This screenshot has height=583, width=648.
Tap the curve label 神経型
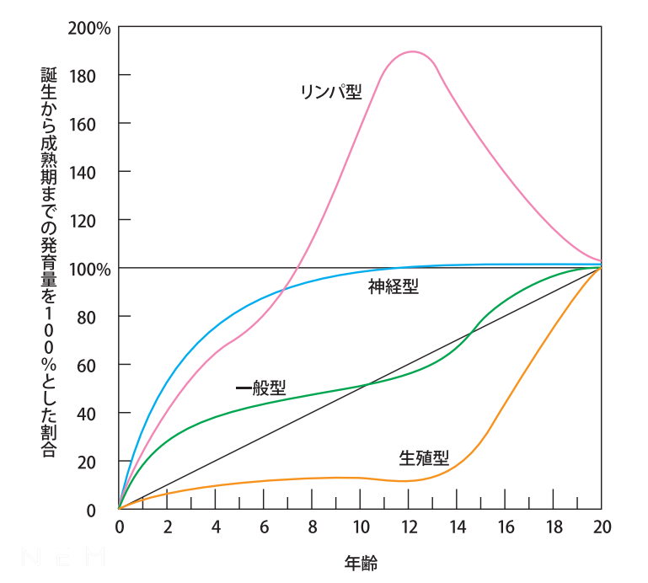[393, 286]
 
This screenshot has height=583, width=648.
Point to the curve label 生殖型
[424, 458]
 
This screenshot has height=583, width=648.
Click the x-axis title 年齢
[360, 561]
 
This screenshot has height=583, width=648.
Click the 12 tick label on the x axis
[409, 528]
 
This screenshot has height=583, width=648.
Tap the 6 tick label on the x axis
[264, 528]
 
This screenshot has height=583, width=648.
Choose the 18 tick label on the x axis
[554, 528]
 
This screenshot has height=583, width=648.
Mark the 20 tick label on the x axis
[602, 528]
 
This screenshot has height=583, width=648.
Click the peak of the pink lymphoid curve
[412, 52]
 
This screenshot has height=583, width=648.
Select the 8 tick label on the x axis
[312, 528]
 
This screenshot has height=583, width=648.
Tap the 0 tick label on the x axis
[119, 528]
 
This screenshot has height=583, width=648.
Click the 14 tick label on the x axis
[457, 528]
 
